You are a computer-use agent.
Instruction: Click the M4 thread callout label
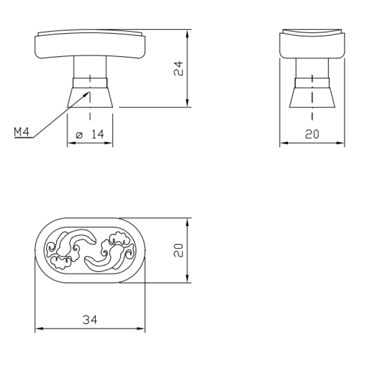pyautogui.click(x=22, y=132)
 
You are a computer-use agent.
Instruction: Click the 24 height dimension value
pyautogui.click(x=179, y=68)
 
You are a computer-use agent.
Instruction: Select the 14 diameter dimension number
pyautogui.click(x=98, y=134)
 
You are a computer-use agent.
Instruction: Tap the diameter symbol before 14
pyautogui.click(x=79, y=135)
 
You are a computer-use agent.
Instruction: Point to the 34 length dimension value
pyautogui.click(x=90, y=320)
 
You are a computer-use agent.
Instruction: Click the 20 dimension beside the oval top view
pyautogui.click(x=179, y=250)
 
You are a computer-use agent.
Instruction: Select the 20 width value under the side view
pyautogui.click(x=312, y=134)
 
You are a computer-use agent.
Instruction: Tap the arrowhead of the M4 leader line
pyautogui.click(x=87, y=94)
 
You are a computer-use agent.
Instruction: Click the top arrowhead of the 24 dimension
pyautogui.click(x=187, y=34)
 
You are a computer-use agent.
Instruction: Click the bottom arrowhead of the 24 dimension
pyautogui.click(x=187, y=102)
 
